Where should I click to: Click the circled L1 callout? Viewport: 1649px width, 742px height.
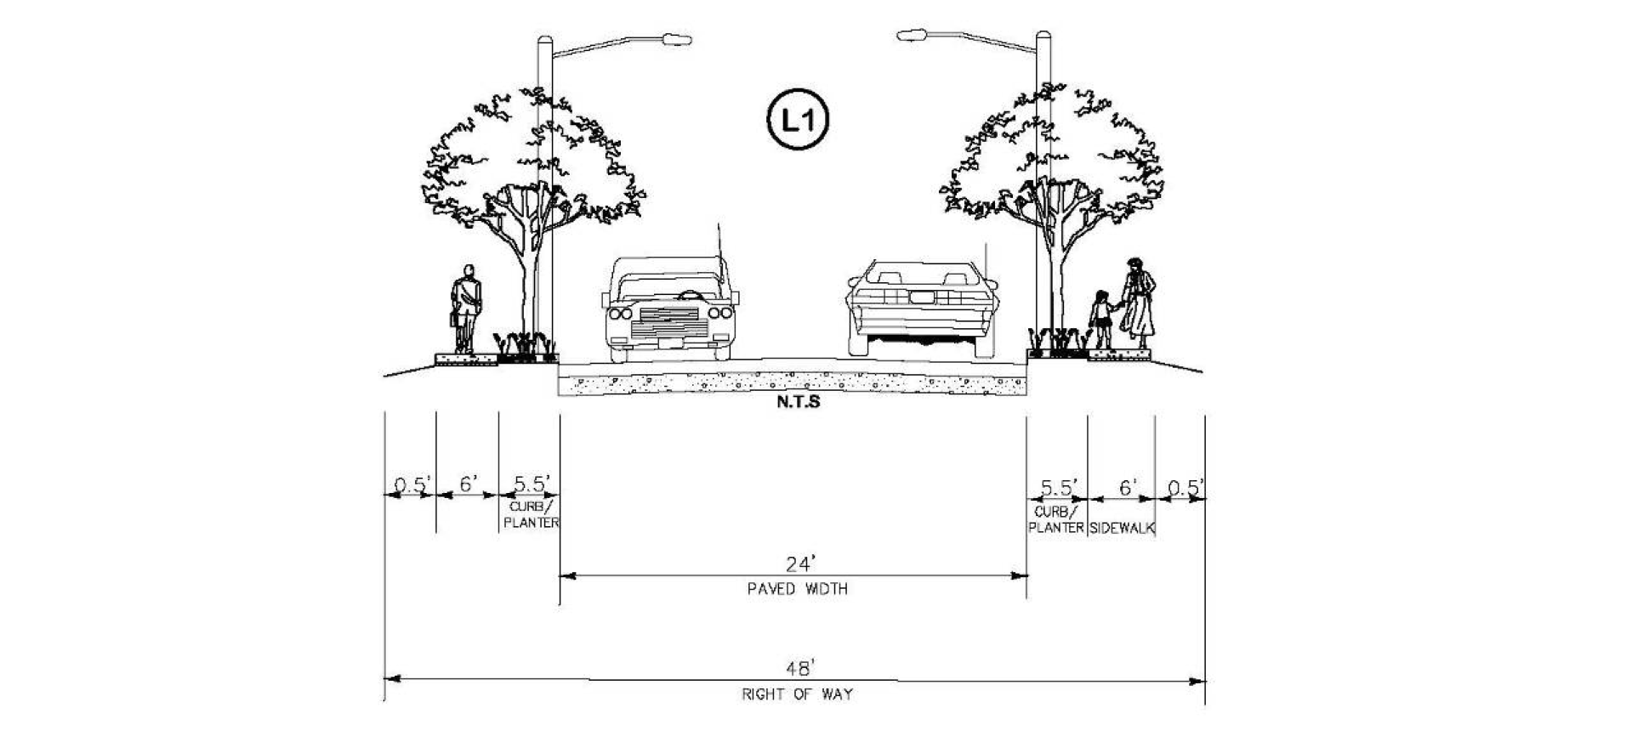[797, 120]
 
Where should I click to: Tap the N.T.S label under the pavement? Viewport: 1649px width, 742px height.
[798, 401]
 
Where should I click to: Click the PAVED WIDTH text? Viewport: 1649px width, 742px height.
[797, 588]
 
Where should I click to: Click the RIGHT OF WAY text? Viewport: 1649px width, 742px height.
[797, 694]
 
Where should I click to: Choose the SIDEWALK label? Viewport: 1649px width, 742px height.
[1122, 528]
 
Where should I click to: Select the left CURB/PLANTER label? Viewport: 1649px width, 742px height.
[531, 514]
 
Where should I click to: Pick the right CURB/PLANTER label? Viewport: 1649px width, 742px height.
[1056, 519]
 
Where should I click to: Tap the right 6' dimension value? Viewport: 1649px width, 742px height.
[1128, 487]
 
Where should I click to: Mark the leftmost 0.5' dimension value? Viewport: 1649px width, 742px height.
[412, 485]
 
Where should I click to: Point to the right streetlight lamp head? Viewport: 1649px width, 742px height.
[912, 36]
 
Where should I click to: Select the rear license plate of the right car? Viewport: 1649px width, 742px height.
[923, 297]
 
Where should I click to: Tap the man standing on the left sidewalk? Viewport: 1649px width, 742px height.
[465, 309]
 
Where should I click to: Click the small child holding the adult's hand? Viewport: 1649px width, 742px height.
[1100, 320]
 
